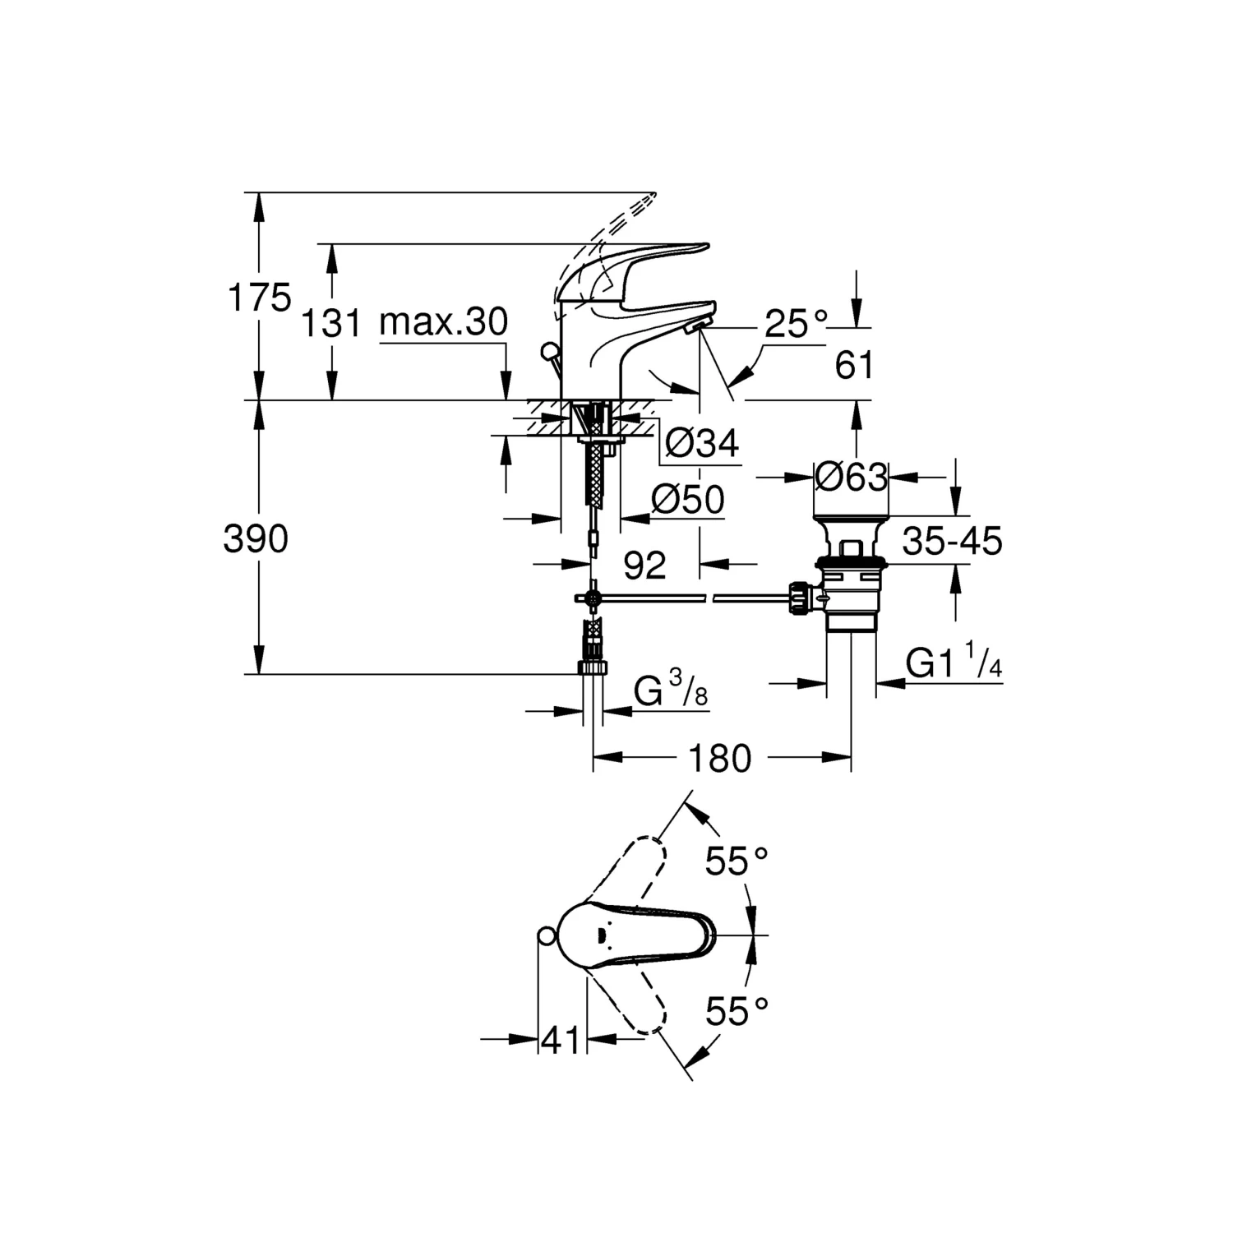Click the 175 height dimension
point(259,298)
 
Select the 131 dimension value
point(330,323)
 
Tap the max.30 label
point(444,322)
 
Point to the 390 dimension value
point(256,540)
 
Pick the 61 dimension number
point(855,365)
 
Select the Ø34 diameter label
point(701,444)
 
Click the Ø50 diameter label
point(687,500)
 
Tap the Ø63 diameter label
point(851,477)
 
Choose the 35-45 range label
point(952,542)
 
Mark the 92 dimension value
point(644,566)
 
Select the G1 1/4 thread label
point(954,663)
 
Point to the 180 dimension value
point(719,759)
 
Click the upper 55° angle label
point(737,861)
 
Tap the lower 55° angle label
point(737,1010)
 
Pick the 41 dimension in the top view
point(561,1041)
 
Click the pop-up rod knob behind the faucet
point(549,353)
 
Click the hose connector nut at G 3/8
point(593,665)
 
